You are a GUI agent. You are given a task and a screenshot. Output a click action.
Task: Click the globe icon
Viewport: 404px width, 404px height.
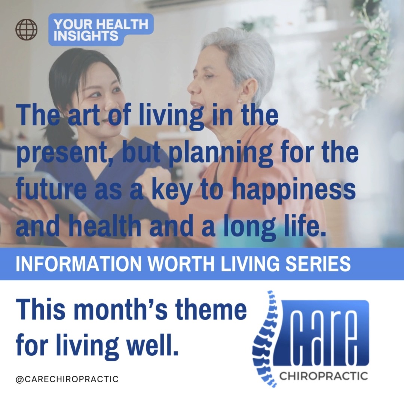27,30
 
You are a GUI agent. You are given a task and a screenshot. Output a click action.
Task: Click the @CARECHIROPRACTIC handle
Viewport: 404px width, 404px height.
67,379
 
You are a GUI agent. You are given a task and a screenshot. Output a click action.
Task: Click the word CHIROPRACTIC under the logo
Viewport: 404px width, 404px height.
323,376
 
